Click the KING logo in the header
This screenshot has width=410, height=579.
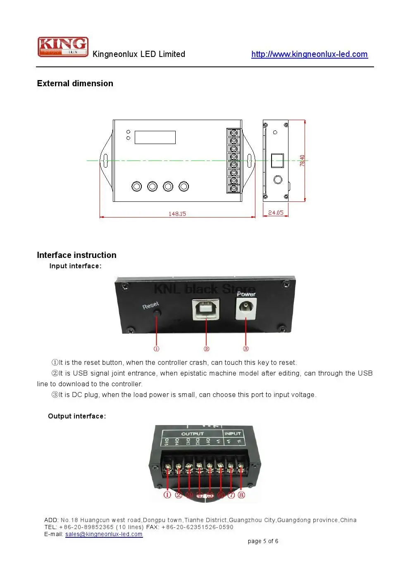click(x=63, y=46)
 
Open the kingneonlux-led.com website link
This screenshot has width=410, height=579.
click(x=309, y=54)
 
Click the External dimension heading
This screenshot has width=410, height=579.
click(x=75, y=83)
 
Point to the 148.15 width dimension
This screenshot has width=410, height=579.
click(x=177, y=214)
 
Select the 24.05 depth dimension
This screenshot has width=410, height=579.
click(x=276, y=213)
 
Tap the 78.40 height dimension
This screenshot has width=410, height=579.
click(x=302, y=161)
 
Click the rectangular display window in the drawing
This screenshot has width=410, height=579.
click(x=155, y=137)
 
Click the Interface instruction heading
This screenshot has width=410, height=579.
click(x=76, y=255)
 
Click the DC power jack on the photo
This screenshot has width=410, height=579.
click(x=246, y=309)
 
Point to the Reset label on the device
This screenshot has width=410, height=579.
click(x=150, y=305)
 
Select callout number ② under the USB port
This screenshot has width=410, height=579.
click(x=206, y=349)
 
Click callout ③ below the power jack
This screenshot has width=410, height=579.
click(x=246, y=349)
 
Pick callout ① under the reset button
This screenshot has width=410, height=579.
click(x=156, y=349)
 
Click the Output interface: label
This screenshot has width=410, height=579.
click(x=77, y=416)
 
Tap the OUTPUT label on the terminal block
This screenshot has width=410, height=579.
click(x=192, y=434)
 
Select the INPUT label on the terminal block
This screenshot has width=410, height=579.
click(x=232, y=433)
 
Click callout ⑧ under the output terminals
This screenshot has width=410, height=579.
click(x=241, y=495)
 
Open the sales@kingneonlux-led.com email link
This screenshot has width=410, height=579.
click(x=104, y=534)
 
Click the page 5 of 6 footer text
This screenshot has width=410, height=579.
click(x=263, y=541)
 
